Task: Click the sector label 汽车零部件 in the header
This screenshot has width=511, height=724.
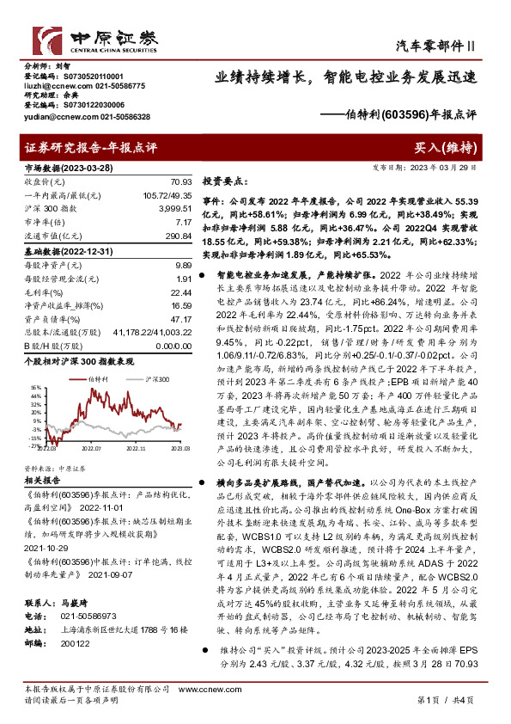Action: pos(435,45)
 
